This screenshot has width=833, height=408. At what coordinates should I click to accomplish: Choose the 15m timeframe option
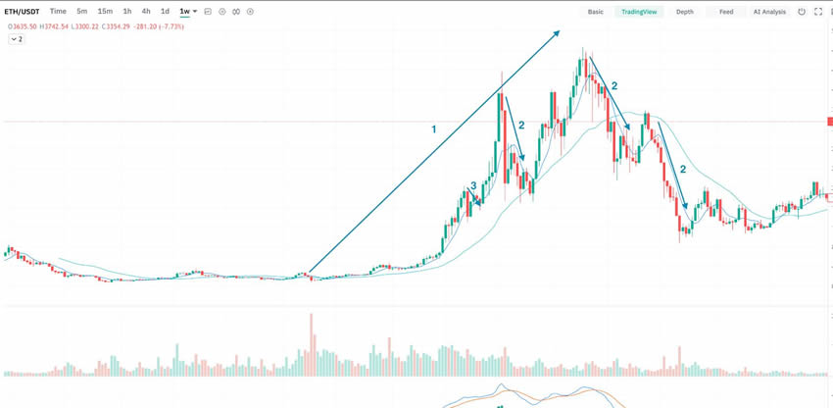pos(105,11)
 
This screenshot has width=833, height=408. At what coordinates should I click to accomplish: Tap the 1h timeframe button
pos(127,11)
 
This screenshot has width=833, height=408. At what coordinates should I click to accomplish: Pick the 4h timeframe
pos(146,11)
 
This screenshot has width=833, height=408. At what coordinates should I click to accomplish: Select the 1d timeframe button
pos(165,11)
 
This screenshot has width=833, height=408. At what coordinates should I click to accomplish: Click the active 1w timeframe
pos(184,11)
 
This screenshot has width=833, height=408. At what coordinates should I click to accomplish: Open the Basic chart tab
pos(595,12)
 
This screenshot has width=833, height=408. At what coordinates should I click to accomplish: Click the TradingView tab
pos(641,12)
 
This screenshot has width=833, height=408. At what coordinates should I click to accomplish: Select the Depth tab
pos(684,12)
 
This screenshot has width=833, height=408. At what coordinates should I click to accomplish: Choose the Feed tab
pos(725,12)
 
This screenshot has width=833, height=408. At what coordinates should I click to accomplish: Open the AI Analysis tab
pos(769,12)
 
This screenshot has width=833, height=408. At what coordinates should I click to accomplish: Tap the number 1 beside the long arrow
pos(433,129)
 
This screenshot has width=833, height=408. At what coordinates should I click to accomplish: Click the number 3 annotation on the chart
pos(473,185)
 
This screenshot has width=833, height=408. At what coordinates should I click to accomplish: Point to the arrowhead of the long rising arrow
pos(558,32)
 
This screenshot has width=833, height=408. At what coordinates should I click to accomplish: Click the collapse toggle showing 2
pos(17,39)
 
